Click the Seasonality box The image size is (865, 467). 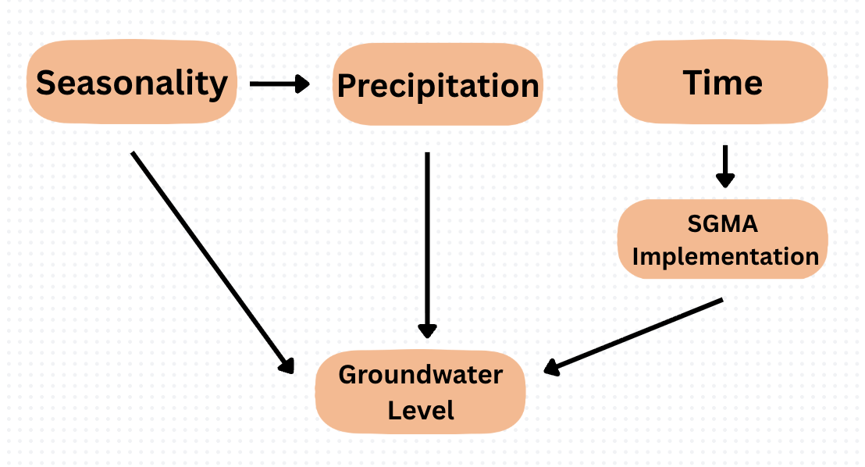[131, 82]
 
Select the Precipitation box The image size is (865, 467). [437, 84]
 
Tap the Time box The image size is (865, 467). [722, 82]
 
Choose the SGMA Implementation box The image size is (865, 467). [722, 240]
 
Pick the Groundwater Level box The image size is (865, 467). [421, 392]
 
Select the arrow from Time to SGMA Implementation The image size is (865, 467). [725, 164]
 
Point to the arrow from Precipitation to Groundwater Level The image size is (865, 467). [426, 242]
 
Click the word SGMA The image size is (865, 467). [722, 225]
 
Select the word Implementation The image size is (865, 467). [725, 256]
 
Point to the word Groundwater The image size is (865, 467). [421, 375]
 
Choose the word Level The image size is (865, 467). [421, 409]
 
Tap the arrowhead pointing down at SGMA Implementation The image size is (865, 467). [725, 180]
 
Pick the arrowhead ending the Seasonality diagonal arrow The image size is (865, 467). [287, 364]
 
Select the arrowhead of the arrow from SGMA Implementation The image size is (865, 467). [553, 367]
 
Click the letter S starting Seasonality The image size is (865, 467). [48, 83]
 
